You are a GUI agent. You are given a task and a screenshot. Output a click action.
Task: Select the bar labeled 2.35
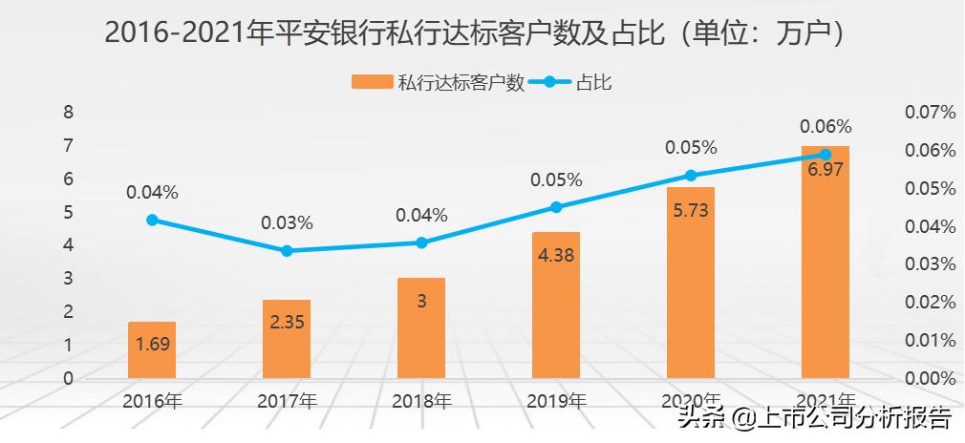pyautogui.click(x=287, y=339)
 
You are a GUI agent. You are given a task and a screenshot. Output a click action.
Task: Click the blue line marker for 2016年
pyautogui.click(x=152, y=220)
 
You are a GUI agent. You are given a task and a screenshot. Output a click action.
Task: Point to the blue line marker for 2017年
pyautogui.click(x=287, y=251)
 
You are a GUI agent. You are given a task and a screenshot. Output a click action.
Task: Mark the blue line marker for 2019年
pyautogui.click(x=556, y=207)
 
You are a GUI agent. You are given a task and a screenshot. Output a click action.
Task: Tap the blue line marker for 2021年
pyautogui.click(x=826, y=154)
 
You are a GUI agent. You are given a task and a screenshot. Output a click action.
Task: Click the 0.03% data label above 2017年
pyautogui.click(x=287, y=223)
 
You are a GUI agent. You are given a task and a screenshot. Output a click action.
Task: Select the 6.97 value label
pyautogui.click(x=826, y=171)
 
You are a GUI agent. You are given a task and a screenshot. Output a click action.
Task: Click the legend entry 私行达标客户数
pyautogui.click(x=439, y=83)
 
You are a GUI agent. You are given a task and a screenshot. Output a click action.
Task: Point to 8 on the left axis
pyautogui.click(x=68, y=112)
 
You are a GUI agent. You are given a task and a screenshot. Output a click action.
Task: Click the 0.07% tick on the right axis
pyautogui.click(x=930, y=113)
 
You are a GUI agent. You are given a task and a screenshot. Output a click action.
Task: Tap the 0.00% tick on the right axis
pyautogui.click(x=930, y=378)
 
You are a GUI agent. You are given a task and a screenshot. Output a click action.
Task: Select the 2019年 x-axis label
pyautogui.click(x=556, y=400)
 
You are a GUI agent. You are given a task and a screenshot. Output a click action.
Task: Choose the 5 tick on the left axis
pyautogui.click(x=68, y=212)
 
